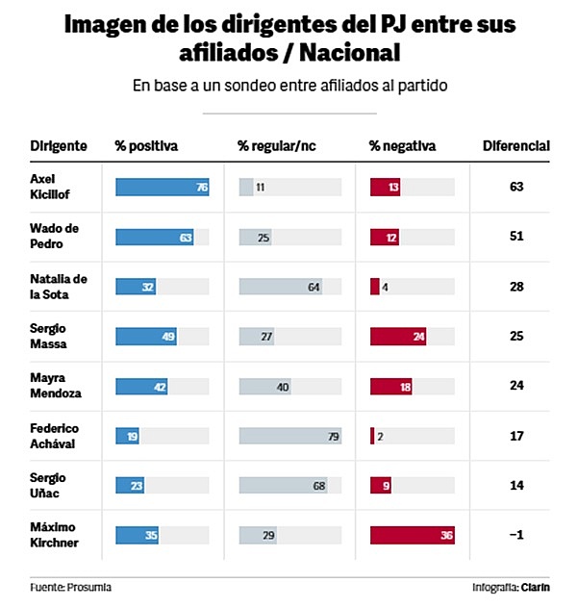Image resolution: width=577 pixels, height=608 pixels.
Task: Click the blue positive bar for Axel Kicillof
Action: click(162, 187)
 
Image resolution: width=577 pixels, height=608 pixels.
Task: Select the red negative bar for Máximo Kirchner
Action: click(412, 536)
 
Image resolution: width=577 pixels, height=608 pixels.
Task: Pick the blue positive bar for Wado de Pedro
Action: click(154, 237)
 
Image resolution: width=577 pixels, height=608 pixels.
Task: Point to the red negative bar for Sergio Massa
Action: click(398, 336)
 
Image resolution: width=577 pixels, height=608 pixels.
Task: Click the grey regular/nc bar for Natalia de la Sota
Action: click(281, 287)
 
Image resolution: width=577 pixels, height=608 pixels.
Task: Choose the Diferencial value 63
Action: click(515, 187)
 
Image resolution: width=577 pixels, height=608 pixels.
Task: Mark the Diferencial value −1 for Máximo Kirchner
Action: click(515, 536)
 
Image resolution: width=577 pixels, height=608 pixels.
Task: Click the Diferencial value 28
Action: click(515, 287)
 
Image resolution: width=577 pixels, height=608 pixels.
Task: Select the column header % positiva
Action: click(146, 146)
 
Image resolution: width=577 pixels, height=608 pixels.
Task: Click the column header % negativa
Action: click(402, 146)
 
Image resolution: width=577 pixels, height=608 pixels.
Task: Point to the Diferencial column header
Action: click(515, 146)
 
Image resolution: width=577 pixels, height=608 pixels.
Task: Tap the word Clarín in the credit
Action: click(538, 586)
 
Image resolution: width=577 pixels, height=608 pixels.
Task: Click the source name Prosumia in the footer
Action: click(91, 586)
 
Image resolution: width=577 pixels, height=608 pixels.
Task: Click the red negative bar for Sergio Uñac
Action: click(380, 486)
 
